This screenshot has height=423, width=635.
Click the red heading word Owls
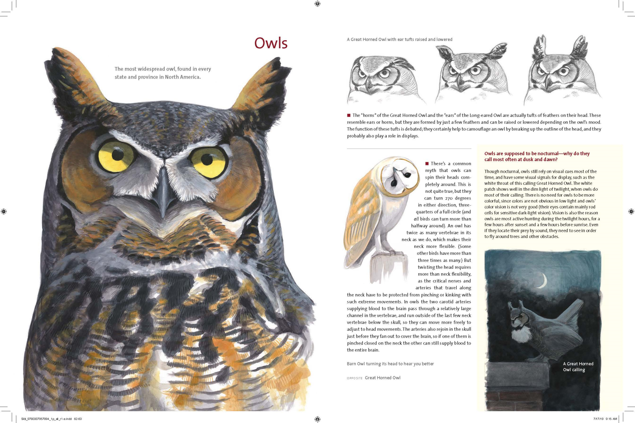click(271, 43)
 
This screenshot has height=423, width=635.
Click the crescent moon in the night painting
click(543, 280)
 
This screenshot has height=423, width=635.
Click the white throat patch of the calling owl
click(520, 333)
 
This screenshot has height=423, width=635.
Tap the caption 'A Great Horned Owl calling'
click(578, 367)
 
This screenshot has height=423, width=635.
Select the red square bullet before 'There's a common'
click(427, 164)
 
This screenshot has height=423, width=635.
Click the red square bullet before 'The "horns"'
click(349, 115)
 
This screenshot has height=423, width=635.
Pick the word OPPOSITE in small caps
click(354, 378)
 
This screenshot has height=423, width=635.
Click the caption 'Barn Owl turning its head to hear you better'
click(390, 364)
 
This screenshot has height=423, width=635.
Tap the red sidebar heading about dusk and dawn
click(537, 157)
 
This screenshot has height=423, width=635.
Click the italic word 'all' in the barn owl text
click(416, 219)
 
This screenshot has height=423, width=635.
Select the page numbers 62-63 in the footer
click(78, 419)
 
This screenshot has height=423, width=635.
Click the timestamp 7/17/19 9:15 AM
click(605, 419)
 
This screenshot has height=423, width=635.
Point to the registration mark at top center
click(317, 4)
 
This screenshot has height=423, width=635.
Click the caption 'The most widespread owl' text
click(163, 73)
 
